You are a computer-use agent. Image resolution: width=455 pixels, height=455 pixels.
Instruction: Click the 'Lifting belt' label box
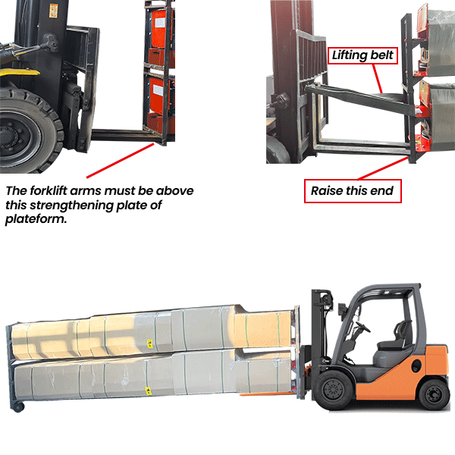click(362, 55)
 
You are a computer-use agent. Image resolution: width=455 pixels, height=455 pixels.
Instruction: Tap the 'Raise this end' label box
click(353, 191)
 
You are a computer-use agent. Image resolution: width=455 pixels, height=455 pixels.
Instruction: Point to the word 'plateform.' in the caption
click(36, 219)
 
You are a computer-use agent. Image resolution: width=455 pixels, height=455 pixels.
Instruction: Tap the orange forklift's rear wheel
click(434, 394)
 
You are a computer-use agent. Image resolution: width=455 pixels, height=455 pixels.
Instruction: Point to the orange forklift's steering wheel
click(363, 327)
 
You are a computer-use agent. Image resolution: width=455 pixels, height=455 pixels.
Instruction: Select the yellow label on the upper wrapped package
click(149, 344)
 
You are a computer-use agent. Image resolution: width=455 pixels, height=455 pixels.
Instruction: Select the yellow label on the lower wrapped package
click(149, 391)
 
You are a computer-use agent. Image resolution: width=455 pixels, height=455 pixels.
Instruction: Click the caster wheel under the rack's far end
click(17, 406)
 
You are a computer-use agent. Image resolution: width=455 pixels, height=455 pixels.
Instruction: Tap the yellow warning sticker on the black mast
click(53, 11)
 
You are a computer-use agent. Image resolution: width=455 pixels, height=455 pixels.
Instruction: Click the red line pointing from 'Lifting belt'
click(377, 79)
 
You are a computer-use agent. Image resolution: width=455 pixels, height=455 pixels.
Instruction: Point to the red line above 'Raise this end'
click(383, 168)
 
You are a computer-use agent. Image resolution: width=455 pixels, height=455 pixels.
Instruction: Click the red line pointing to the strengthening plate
click(120, 161)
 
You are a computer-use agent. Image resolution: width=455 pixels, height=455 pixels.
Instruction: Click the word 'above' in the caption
click(174, 190)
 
